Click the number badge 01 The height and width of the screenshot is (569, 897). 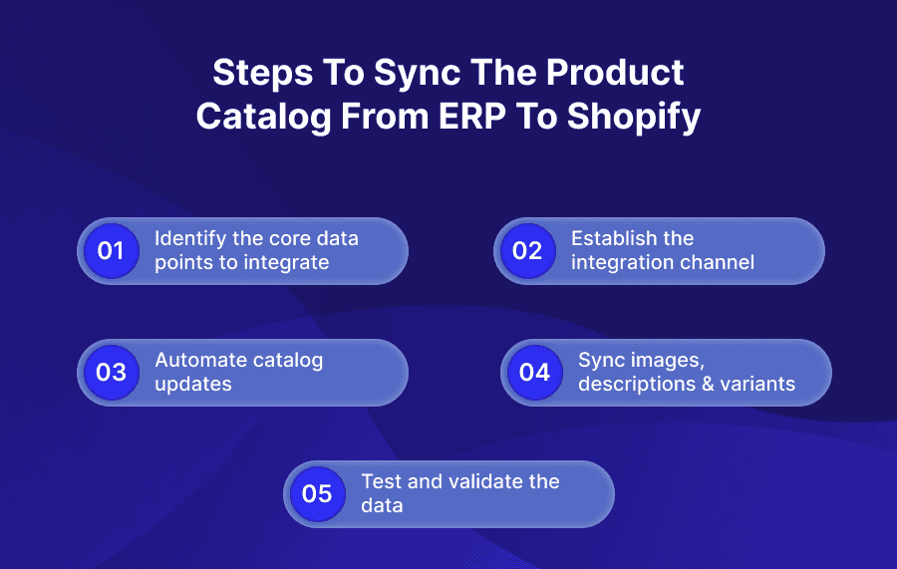tap(111, 250)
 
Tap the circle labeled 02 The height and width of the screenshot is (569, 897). tap(526, 250)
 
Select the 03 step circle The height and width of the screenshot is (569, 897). tap(111, 372)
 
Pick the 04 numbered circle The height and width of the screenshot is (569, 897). tap(534, 372)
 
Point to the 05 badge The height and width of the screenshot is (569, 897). tap(317, 493)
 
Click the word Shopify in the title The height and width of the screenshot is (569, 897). tap(634, 116)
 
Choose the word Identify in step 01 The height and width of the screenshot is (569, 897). tap(188, 239)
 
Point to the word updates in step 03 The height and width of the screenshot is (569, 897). tap(193, 384)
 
